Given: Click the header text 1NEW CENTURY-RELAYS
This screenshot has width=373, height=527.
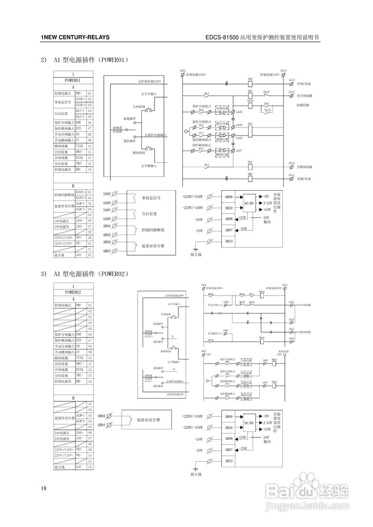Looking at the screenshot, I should coord(75,37).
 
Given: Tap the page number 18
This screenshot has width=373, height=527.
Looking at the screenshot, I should coord(44,488).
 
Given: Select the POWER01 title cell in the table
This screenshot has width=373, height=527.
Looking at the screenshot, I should coord(73,80).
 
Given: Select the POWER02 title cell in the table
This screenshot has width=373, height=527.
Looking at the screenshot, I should coord(73,292).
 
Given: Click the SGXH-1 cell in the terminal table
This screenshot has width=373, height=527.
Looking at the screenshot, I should coord(80,99).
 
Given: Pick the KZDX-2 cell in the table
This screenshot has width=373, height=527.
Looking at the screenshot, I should coord(80,198).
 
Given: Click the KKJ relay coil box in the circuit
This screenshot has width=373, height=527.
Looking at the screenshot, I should coord(250,131).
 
